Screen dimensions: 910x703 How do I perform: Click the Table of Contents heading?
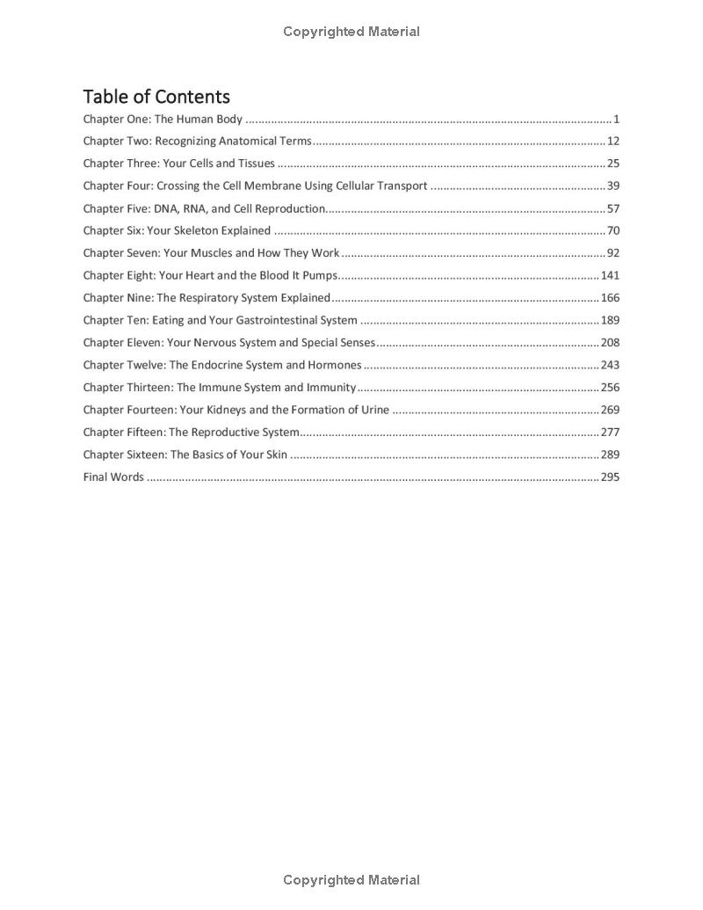156,97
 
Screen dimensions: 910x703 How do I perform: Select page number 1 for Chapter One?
617,120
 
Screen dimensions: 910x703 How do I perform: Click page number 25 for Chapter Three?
613,164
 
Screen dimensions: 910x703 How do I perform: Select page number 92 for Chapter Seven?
613,253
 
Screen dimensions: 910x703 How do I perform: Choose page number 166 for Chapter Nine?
610,298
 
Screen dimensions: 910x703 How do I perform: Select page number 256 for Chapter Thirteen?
610,388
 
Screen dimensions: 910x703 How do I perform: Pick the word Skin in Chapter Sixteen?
275,455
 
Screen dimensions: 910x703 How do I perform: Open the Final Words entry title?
113,477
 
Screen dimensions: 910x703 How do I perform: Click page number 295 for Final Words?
610,477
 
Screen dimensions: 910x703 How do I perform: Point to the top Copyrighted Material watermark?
351,32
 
